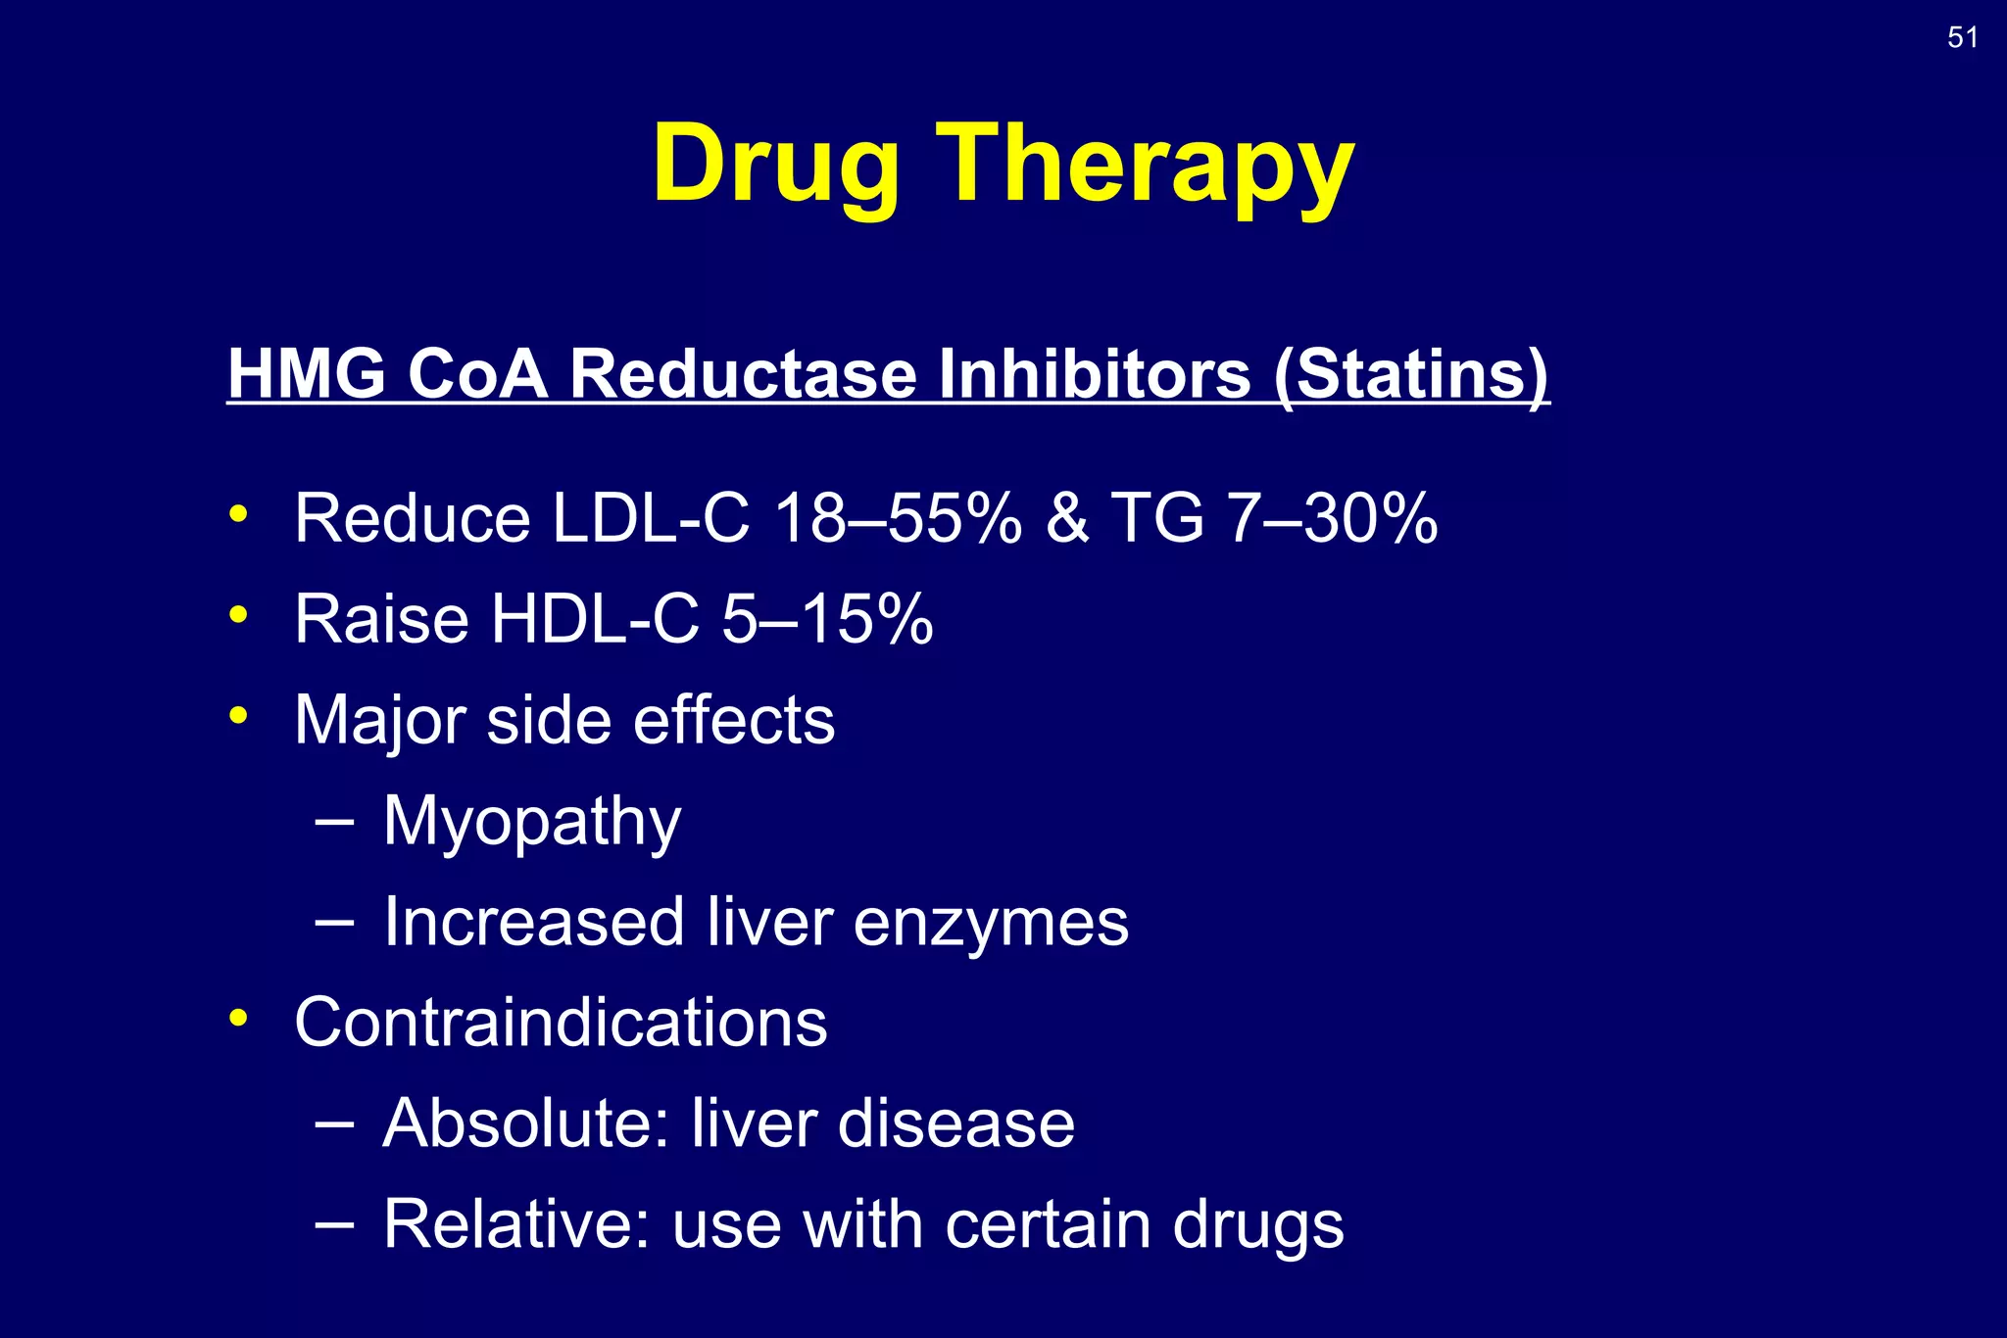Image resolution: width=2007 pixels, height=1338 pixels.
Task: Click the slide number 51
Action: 1962,37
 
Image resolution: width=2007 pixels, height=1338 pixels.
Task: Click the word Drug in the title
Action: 775,165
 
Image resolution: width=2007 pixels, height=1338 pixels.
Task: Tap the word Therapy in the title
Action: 1146,165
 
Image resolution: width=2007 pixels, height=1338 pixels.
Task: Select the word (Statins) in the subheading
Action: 1411,374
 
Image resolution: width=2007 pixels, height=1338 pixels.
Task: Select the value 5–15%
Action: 827,619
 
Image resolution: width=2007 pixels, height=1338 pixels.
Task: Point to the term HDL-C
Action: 596,619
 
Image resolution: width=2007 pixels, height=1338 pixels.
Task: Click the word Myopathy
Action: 532,821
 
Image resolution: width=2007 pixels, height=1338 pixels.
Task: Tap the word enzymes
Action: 991,922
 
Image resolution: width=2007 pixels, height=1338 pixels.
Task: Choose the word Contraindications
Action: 561,1023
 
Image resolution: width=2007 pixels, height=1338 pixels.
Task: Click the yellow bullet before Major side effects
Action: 238,715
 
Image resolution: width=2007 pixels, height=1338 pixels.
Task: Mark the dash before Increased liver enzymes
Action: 334,921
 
